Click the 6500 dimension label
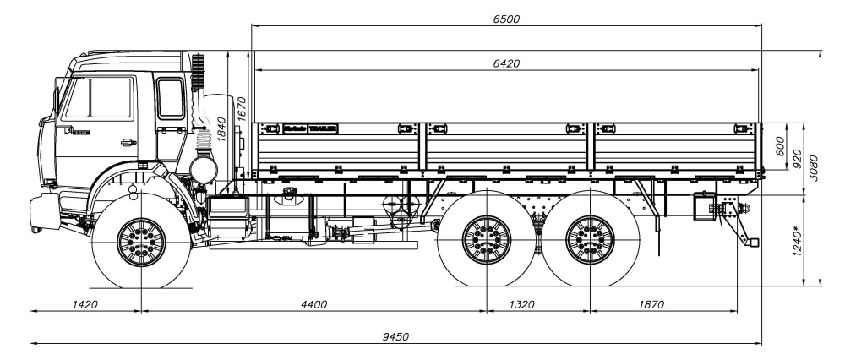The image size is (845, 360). point(506,19)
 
